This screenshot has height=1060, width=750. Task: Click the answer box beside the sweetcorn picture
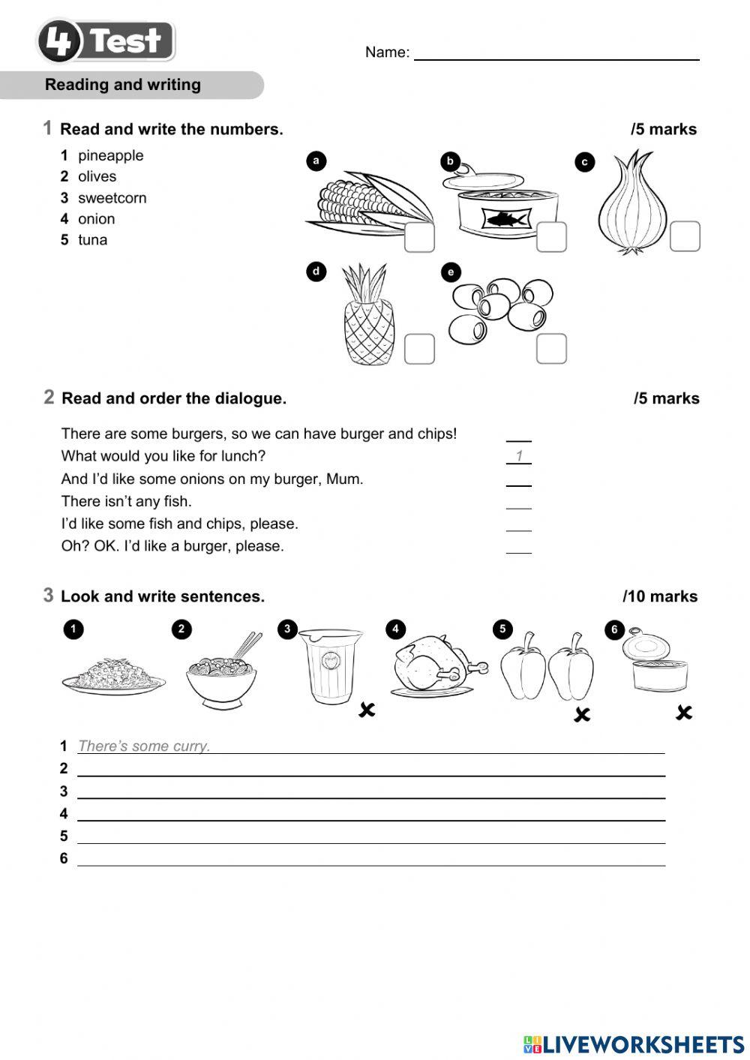(419, 237)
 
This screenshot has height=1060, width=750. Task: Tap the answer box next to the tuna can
(551, 237)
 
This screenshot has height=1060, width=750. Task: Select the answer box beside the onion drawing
(684, 236)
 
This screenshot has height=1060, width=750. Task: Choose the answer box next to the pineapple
(419, 349)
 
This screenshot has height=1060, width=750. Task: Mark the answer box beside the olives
(551, 349)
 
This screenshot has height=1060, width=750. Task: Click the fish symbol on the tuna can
(505, 219)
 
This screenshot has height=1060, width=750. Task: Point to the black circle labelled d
(316, 272)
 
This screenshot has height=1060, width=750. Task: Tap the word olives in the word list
(97, 176)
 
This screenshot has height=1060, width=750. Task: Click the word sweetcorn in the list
(112, 198)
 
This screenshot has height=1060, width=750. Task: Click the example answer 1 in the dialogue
(518, 456)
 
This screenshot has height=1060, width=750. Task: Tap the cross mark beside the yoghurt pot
(366, 709)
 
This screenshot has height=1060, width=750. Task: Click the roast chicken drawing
(435, 664)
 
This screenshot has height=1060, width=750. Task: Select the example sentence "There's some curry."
(144, 746)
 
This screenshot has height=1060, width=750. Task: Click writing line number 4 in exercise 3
(371, 814)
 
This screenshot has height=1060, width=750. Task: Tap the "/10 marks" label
(660, 596)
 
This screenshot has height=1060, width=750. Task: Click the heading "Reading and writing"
(123, 85)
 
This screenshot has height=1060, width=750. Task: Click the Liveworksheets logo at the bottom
(634, 1044)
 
